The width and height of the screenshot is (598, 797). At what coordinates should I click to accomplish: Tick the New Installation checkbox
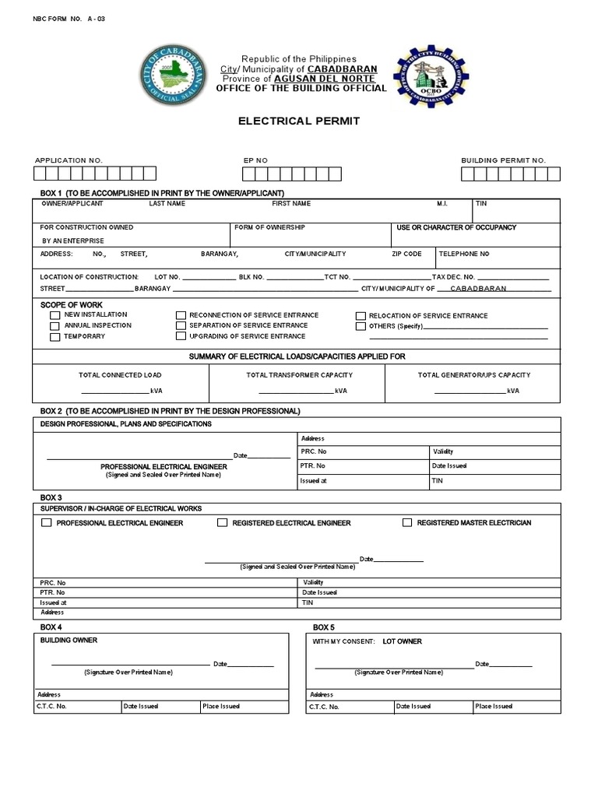[55, 316]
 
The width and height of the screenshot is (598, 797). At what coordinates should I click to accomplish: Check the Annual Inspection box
[55, 326]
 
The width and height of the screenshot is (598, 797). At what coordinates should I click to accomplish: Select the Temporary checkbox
[55, 337]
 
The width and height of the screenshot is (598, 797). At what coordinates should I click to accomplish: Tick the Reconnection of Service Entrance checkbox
[181, 316]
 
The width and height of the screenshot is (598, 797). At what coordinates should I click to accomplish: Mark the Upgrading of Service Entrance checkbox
[181, 337]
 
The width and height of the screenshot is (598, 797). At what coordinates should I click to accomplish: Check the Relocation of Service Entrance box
[361, 316]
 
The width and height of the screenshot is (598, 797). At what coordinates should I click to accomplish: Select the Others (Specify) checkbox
[361, 327]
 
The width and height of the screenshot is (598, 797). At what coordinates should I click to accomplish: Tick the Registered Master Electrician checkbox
[407, 523]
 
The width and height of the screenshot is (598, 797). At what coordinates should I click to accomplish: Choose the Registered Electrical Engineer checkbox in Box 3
[222, 523]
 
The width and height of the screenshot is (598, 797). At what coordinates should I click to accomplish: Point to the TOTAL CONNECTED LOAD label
[120, 375]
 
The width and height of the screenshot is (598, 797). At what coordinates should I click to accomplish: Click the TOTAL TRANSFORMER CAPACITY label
[299, 375]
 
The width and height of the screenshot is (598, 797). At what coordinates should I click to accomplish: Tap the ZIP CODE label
[406, 254]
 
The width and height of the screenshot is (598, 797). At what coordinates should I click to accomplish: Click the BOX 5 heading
[324, 627]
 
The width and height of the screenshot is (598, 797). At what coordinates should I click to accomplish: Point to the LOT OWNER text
[402, 641]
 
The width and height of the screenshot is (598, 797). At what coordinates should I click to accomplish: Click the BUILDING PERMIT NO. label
[503, 160]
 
